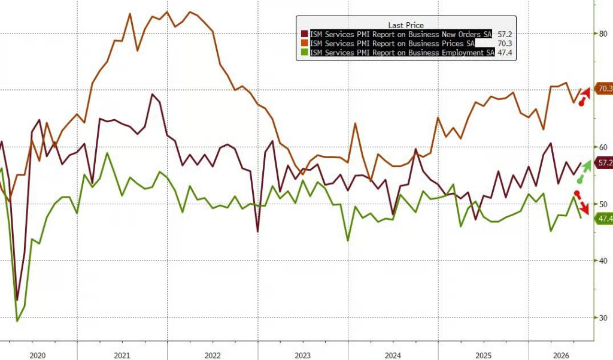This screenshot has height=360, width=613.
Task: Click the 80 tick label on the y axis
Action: (603, 34)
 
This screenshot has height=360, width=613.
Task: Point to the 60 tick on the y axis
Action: (603, 147)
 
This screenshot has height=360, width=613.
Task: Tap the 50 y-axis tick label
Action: (603, 204)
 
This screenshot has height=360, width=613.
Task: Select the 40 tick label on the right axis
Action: (603, 261)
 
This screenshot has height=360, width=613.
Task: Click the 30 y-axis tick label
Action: (603, 317)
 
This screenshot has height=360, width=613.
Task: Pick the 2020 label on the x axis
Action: (38, 355)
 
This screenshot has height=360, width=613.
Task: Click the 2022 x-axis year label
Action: (213, 355)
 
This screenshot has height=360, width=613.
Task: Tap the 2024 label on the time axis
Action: (393, 355)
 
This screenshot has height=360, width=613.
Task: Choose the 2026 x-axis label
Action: (562, 355)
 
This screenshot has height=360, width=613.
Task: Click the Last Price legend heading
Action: (406, 25)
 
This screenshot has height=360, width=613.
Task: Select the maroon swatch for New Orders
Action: (305, 34)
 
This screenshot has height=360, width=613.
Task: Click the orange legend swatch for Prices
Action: (305, 44)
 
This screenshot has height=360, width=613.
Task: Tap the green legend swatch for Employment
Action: (305, 53)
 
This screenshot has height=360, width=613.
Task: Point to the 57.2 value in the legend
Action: (505, 34)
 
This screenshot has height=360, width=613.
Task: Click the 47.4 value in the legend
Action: (505, 53)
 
